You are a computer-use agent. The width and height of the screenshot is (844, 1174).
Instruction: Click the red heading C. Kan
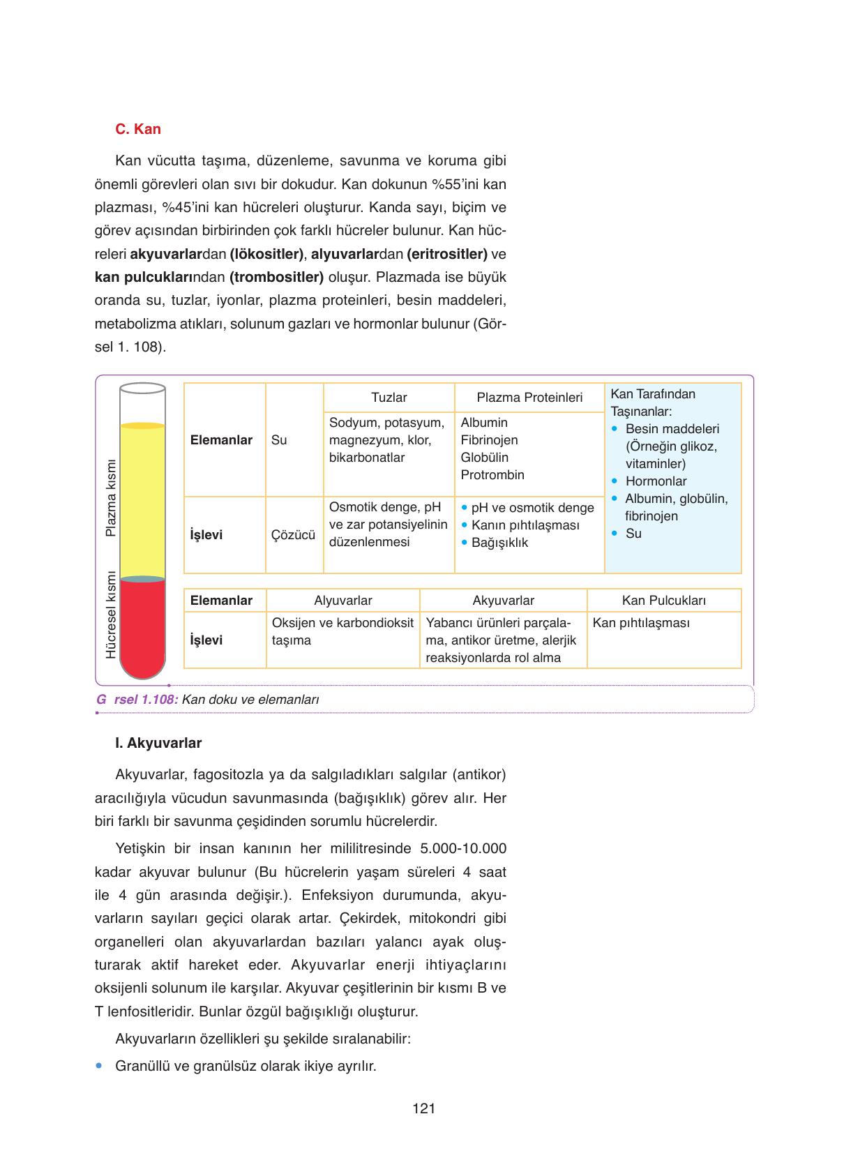tap(137, 129)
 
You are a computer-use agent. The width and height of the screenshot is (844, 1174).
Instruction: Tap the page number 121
tap(423, 1108)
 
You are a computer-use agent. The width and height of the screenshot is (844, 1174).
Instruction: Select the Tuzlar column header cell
tap(389, 398)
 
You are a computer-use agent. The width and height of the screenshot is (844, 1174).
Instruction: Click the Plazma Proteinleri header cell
tap(529, 398)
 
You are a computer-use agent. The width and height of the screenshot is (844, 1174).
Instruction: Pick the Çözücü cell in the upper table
tap(293, 535)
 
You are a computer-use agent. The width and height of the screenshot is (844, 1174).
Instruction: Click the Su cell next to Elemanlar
tap(279, 440)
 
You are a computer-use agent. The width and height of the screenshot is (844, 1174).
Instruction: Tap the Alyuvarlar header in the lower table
tap(342, 601)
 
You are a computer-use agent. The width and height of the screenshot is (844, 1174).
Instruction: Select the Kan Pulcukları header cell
tap(664, 601)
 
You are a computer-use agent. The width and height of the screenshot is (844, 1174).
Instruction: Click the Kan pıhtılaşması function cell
tap(641, 623)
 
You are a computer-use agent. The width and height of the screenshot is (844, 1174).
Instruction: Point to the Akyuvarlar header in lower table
tap(503, 601)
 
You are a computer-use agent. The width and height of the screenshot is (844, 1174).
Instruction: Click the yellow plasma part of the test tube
tap(142, 499)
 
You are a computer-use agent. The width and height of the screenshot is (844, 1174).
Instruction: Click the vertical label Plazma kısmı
tap(110, 498)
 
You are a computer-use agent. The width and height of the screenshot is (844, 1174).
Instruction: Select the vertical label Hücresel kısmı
tap(110, 615)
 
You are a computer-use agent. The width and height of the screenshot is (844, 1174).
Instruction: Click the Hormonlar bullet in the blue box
tap(656, 481)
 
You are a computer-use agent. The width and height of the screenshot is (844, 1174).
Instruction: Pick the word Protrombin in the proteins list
tap(492, 475)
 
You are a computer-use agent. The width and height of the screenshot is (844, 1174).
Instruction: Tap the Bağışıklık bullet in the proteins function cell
tap(499, 543)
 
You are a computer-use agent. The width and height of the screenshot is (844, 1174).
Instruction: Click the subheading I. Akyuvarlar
tap(158, 743)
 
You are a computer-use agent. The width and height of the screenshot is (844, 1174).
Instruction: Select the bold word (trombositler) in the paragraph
tap(276, 277)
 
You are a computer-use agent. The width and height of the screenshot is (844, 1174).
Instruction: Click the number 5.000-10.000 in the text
tap(464, 848)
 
